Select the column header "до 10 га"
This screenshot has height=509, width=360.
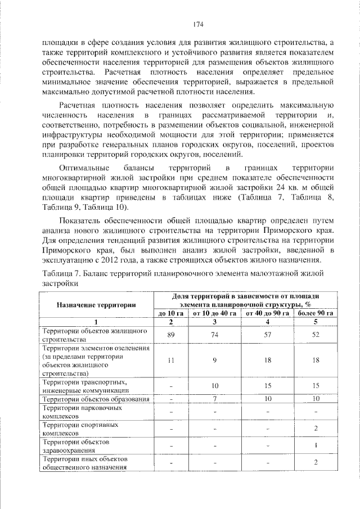pos(171,313)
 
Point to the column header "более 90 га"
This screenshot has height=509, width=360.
pos(316,313)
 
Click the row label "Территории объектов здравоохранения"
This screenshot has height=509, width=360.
pos(79,446)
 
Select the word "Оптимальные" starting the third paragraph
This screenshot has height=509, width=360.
pos(83,168)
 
